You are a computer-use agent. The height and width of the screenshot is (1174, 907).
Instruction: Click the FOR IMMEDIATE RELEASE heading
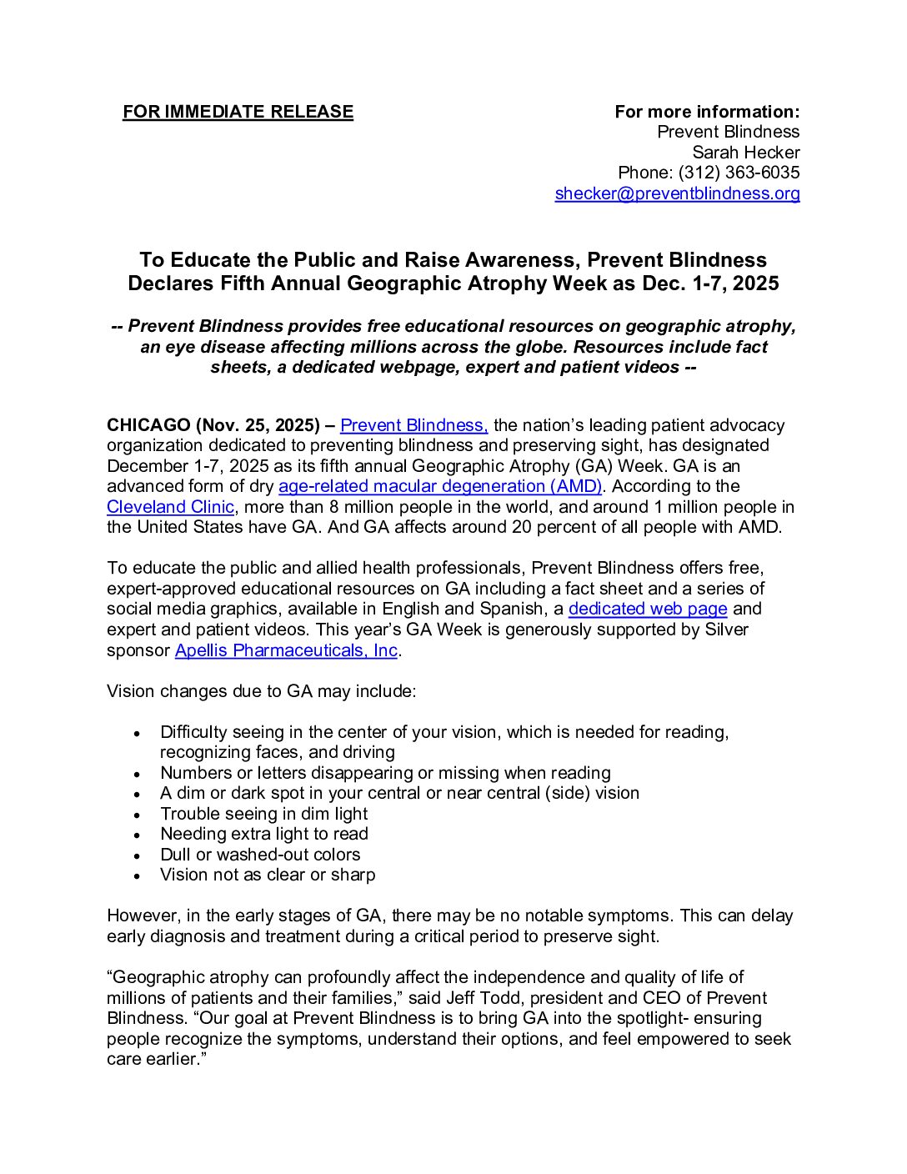238,112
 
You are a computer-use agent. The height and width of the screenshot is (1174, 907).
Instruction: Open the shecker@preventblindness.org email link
677,193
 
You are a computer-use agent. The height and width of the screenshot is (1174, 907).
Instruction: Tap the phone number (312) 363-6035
739,173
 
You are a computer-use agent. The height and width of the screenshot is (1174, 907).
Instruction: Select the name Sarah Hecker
745,153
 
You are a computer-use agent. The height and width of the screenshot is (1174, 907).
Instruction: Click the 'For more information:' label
707,112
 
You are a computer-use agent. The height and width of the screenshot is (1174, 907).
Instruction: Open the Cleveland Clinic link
170,507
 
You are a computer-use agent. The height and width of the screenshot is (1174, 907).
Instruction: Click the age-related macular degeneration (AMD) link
439,486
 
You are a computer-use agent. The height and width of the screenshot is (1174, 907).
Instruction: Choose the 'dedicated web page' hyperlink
648,609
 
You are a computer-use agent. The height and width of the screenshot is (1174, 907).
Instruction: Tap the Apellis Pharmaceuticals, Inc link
286,650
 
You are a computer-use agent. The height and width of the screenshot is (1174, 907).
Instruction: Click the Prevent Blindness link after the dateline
413,425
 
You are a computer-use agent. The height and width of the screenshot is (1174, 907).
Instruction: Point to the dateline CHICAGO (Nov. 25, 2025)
213,425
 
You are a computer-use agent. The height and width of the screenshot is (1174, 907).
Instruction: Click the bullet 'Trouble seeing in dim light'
263,814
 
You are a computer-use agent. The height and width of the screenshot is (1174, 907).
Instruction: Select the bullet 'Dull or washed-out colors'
260,855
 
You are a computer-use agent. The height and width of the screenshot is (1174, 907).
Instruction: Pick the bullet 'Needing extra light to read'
263,834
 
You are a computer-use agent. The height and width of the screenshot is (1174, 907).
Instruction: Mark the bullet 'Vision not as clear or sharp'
268,875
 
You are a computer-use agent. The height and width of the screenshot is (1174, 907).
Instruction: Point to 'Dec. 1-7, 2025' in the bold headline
710,283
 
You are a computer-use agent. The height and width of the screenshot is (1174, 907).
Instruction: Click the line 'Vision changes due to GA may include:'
261,691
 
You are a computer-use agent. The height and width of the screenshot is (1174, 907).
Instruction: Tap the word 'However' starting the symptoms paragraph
141,916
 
